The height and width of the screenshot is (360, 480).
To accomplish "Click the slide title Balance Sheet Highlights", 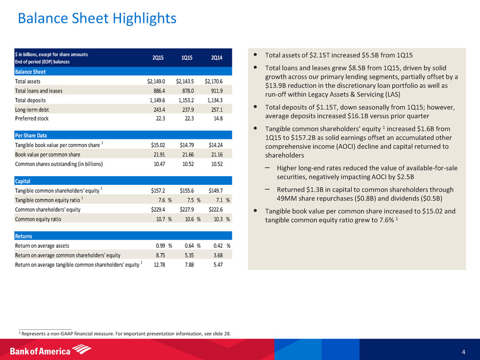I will click(x=97, y=19).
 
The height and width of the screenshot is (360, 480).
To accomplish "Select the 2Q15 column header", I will click(x=158, y=58).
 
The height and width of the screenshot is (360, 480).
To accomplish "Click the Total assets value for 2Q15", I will click(x=154, y=81).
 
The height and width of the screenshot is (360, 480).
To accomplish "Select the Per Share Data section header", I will click(x=31, y=135).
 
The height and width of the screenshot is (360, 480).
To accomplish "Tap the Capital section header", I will click(x=24, y=181).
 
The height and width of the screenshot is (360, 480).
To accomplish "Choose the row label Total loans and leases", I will click(x=40, y=90).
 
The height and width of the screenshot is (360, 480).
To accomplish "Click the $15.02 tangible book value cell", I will click(x=155, y=145).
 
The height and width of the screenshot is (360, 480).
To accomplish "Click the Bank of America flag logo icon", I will click(x=82, y=350).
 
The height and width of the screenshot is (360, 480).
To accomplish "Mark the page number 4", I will click(x=463, y=351).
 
